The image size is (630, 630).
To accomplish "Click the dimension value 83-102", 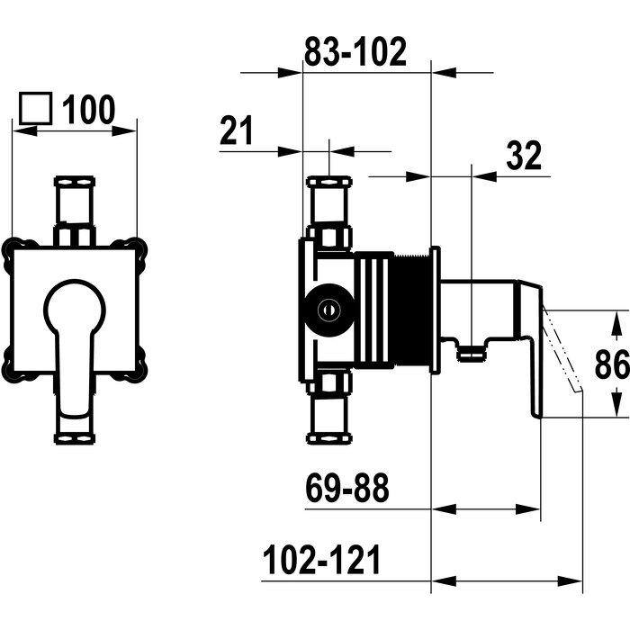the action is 355,52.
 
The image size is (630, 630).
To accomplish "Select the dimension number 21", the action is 236,130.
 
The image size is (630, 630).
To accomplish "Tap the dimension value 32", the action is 524,155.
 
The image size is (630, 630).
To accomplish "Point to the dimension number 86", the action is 612,364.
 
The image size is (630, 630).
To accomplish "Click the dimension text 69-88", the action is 347,488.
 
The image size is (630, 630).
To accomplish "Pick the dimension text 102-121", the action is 321,560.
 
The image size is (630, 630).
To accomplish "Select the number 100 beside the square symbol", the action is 88,110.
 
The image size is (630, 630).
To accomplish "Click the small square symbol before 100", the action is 36,108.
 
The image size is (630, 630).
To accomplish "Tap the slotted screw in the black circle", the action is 328,310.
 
